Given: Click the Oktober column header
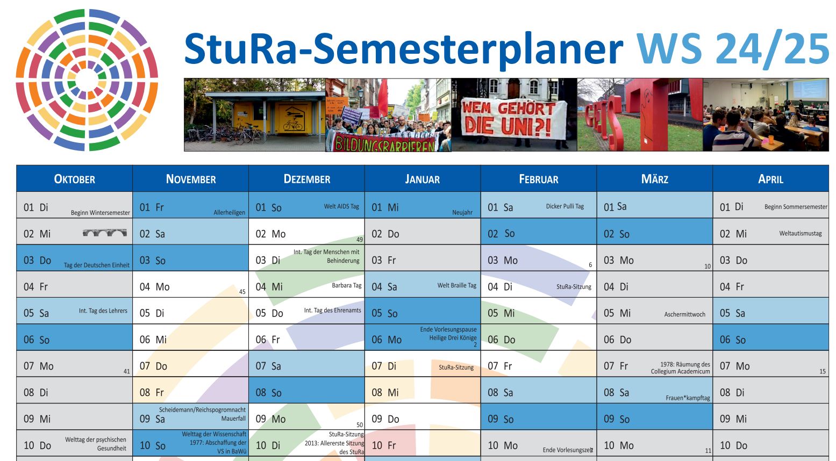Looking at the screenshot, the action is pyautogui.click(x=74, y=179).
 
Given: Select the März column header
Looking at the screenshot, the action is pyautogui.click(x=655, y=179).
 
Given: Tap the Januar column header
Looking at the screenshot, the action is pyautogui.click(x=423, y=179).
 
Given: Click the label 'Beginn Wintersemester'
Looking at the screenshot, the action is pyautogui.click(x=101, y=213).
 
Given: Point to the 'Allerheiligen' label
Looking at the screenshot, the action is pyautogui.click(x=229, y=213).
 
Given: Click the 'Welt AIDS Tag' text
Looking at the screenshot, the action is pyautogui.click(x=341, y=206).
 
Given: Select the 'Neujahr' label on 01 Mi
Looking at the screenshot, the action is pyautogui.click(x=462, y=213).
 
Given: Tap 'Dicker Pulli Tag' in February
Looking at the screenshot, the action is pyautogui.click(x=565, y=206).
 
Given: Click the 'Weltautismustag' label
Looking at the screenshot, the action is pyautogui.click(x=800, y=234).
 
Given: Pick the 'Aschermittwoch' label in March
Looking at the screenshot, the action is pyautogui.click(x=684, y=314).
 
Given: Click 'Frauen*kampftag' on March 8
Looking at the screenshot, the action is pyautogui.click(x=688, y=398).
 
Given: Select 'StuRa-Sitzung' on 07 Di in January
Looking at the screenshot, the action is pyautogui.click(x=456, y=368).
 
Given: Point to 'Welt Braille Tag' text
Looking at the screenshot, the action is pyautogui.click(x=457, y=285).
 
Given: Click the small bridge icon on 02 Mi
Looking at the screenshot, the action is pyautogui.click(x=104, y=233).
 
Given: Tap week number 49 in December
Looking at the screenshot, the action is pyautogui.click(x=360, y=240).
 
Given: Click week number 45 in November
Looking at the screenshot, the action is pyautogui.click(x=242, y=292).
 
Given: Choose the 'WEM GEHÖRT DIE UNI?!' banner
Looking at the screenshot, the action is pyautogui.click(x=514, y=119).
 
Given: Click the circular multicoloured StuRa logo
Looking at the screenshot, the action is pyautogui.click(x=87, y=80).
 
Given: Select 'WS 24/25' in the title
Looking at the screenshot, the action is pyautogui.click(x=733, y=49).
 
